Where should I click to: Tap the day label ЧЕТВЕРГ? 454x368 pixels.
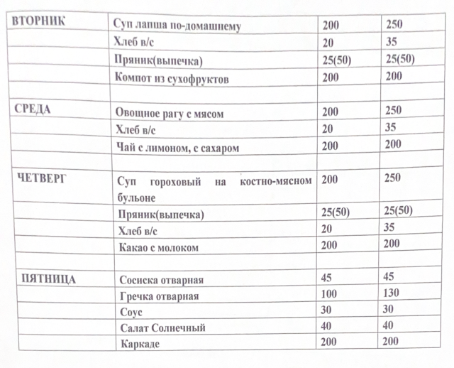coord(40,180)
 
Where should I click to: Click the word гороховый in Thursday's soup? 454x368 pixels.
coord(174,182)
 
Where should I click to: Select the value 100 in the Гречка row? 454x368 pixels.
coord(330,294)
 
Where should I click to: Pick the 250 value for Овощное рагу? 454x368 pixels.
coord(393,110)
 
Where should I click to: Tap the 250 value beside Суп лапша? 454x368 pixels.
coord(394,23)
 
